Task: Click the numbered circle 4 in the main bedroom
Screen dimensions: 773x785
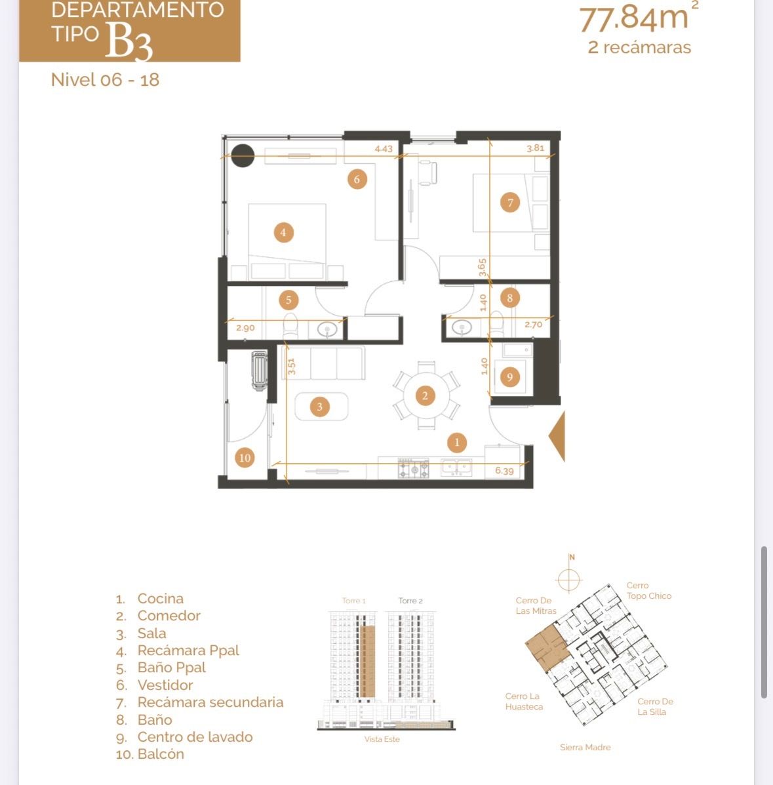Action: pos(283,232)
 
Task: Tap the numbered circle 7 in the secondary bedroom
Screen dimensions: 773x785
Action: pos(510,202)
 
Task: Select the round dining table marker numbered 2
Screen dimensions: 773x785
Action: pos(425,395)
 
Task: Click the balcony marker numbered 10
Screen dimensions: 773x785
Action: pos(245,457)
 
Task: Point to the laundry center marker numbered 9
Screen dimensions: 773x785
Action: pos(509,376)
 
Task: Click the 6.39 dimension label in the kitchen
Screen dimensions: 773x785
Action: pos(504,471)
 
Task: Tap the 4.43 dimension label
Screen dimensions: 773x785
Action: pos(384,149)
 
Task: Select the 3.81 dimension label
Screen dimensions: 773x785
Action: pos(535,148)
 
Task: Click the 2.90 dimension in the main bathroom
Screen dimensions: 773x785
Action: pos(245,328)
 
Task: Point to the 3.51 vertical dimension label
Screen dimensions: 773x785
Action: pos(291,366)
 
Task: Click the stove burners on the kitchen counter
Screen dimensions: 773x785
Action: pos(414,468)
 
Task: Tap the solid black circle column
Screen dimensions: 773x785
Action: pos(243,155)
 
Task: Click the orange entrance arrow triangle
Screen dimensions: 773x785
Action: pos(558,436)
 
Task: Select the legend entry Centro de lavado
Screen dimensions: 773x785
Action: pos(195,737)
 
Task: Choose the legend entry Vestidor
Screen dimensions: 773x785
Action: pos(165,685)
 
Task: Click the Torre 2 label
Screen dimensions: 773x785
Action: pos(410,601)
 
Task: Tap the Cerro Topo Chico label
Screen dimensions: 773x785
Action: pos(649,591)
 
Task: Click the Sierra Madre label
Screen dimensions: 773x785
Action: pos(585,748)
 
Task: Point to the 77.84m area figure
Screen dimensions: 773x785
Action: pos(634,18)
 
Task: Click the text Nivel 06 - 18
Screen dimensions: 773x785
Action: pos(105,79)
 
